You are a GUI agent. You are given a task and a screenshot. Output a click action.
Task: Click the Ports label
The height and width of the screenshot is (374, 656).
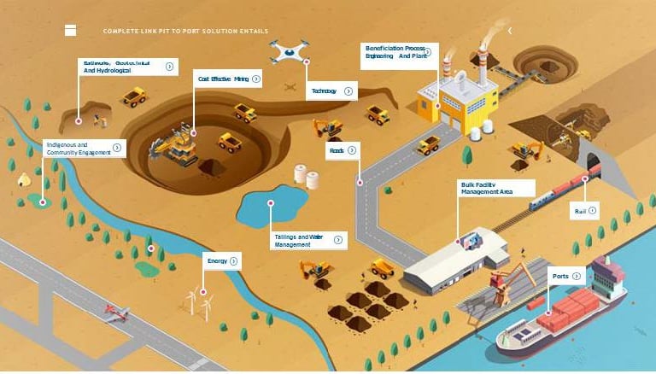pyautogui.click(x=560, y=276)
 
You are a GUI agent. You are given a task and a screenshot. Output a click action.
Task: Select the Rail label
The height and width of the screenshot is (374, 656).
pyautogui.click(x=580, y=209)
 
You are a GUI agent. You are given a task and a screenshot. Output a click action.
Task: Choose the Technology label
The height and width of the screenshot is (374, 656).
pyautogui.click(x=324, y=91)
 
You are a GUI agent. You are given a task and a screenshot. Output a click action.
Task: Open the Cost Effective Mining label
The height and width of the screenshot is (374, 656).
pyautogui.click(x=223, y=79)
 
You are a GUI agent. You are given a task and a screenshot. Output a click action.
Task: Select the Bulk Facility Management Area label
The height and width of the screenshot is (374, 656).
pyautogui.click(x=486, y=189)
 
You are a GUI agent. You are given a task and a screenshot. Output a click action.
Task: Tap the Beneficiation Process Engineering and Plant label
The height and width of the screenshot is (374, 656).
pyautogui.click(x=395, y=53)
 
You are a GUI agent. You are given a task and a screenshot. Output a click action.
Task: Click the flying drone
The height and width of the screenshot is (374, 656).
pyautogui.click(x=289, y=50)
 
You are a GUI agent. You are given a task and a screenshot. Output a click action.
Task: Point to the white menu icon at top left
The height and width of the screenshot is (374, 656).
pyautogui.click(x=70, y=30)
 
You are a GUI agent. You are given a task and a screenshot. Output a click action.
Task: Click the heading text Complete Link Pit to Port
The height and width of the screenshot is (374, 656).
pyautogui.click(x=184, y=31)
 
